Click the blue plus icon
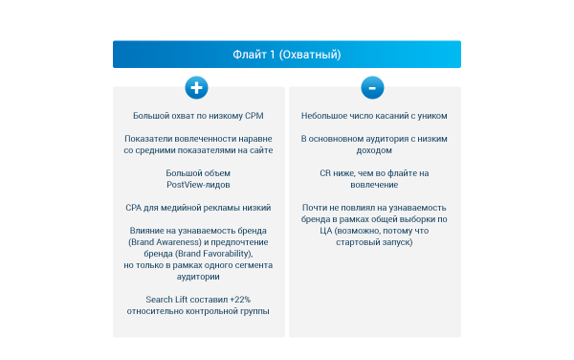[196, 87]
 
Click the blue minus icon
[373, 87]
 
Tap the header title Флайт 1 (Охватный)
[287, 55]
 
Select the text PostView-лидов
[198, 184]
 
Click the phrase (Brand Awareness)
[161, 241]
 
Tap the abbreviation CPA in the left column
[134, 207]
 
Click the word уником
[430, 115]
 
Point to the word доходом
[374, 149]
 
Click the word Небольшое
[323, 115]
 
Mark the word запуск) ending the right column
[395, 241]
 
